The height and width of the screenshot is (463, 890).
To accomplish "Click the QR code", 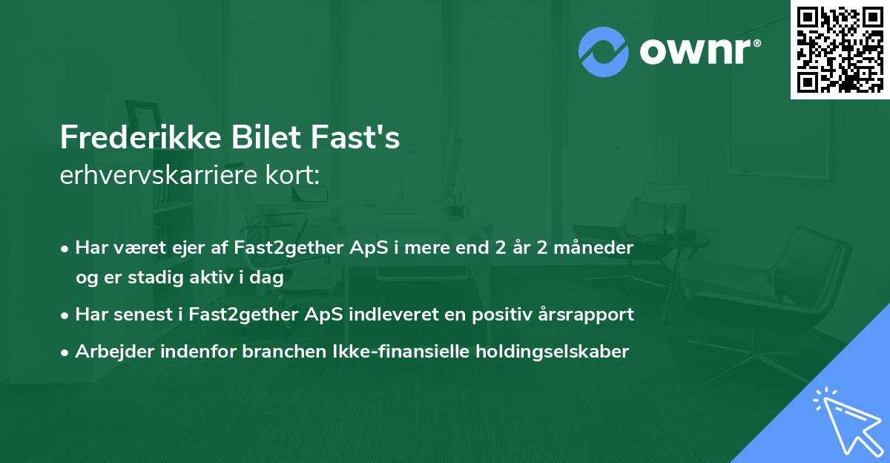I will (840, 49).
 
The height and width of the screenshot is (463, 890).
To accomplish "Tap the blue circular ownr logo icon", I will (604, 52).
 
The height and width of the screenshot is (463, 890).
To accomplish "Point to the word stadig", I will (151, 278).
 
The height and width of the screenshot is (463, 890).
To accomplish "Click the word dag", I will (268, 278).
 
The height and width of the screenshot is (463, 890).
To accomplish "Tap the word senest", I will (140, 315).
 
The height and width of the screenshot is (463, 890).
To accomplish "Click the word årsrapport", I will (591, 315).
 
